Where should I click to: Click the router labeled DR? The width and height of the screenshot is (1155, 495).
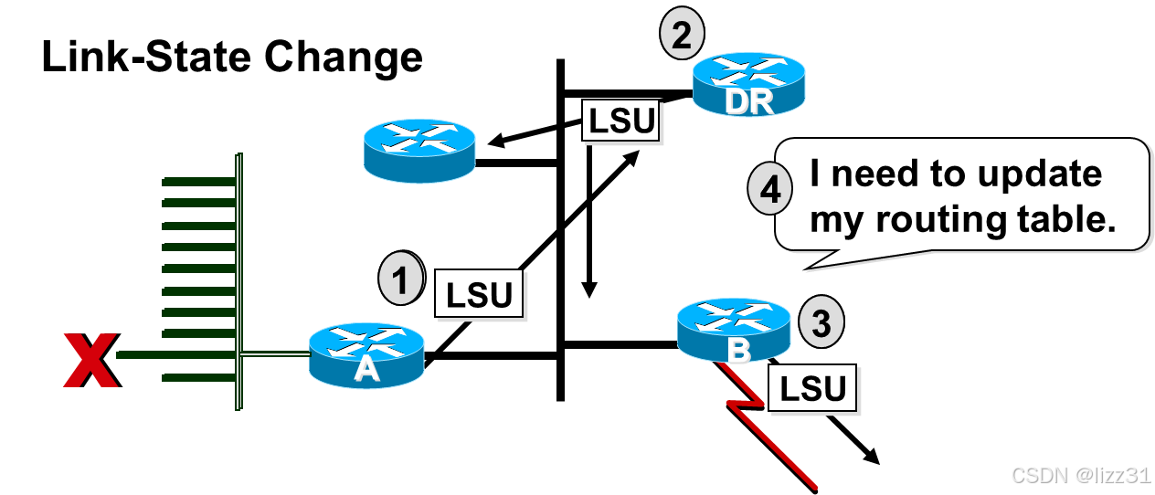click(x=748, y=83)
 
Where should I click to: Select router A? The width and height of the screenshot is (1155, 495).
click(x=366, y=355)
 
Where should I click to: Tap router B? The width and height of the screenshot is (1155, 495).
click(x=734, y=330)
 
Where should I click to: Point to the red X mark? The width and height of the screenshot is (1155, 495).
click(x=90, y=361)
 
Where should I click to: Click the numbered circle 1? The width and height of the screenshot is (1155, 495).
click(x=401, y=278)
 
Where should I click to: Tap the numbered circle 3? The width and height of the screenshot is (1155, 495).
click(x=821, y=324)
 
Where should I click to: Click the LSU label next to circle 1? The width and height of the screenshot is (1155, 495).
click(x=479, y=294)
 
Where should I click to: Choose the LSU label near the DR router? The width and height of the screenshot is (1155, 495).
click(x=622, y=121)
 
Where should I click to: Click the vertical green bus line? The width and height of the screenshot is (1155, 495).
click(x=238, y=274)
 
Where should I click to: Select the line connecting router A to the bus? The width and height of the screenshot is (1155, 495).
click(x=274, y=354)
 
